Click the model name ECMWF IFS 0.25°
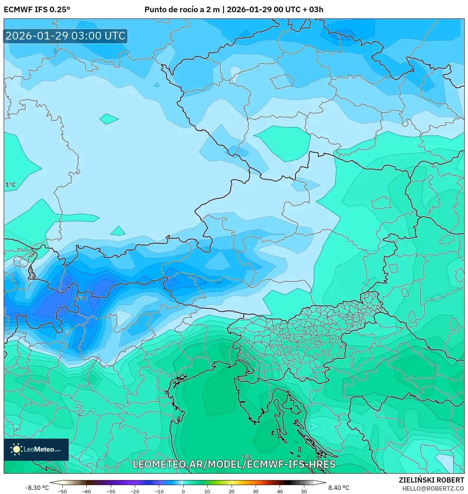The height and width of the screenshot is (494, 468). (37, 10)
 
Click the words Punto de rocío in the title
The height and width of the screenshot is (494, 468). (171, 10)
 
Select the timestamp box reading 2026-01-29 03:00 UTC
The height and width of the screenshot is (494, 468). (65, 36)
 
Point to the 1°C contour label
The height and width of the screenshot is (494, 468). (11, 185)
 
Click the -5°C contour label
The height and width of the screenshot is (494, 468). (81, 298)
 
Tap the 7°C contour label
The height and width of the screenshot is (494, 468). (246, 457)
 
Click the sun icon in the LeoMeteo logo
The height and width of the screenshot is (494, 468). (17, 449)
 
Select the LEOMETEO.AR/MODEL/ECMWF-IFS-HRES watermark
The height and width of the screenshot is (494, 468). (234, 464)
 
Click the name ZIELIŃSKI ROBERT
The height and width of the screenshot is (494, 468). (431, 480)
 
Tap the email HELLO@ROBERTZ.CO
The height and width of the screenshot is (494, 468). (433, 488)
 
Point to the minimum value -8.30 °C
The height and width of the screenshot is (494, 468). (37, 488)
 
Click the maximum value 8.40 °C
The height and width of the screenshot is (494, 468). (339, 488)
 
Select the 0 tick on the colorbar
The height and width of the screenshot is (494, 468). (183, 491)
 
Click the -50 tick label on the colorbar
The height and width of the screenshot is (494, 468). (62, 491)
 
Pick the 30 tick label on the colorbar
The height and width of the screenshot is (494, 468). (256, 491)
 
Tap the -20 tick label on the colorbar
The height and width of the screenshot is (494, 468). (135, 491)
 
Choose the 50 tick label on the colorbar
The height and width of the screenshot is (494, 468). (304, 491)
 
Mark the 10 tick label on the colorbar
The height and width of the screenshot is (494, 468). (207, 491)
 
